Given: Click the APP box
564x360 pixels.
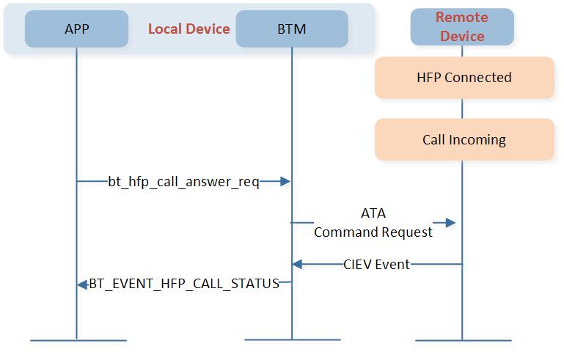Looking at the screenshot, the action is pos(76,29).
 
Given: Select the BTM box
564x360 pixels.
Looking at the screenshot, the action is pos(292,29).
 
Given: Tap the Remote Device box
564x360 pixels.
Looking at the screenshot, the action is pos(462,27).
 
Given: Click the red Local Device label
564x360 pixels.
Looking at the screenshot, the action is pos(188,29).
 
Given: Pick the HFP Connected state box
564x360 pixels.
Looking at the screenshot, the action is pos(464,78).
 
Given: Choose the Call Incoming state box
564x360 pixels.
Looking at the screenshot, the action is pos(464,139).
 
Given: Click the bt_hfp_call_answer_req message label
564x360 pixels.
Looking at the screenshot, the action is pos(184,182).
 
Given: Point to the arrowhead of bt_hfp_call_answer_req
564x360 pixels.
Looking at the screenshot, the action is pos(285,182).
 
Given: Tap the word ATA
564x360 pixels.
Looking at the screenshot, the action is pos(373,213).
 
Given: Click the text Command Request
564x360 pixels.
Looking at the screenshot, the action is pos(373,232).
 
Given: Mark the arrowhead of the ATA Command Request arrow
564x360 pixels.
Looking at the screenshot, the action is pos(450,223).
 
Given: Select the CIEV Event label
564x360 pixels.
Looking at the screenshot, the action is pos(376,265).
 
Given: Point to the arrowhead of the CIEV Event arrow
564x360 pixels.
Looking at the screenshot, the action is pos(297,265).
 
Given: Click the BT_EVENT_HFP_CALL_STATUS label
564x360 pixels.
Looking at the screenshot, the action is pos(184,284).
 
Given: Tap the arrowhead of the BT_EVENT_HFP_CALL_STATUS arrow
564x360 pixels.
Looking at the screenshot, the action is pos(82,284).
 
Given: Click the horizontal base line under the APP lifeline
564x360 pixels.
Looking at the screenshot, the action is pos(78,340).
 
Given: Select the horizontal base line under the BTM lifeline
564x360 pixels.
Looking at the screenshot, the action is pos(293,339).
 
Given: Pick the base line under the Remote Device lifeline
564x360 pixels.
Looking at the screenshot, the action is pos(464,340).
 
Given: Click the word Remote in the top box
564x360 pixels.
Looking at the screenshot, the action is pos(462,18).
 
